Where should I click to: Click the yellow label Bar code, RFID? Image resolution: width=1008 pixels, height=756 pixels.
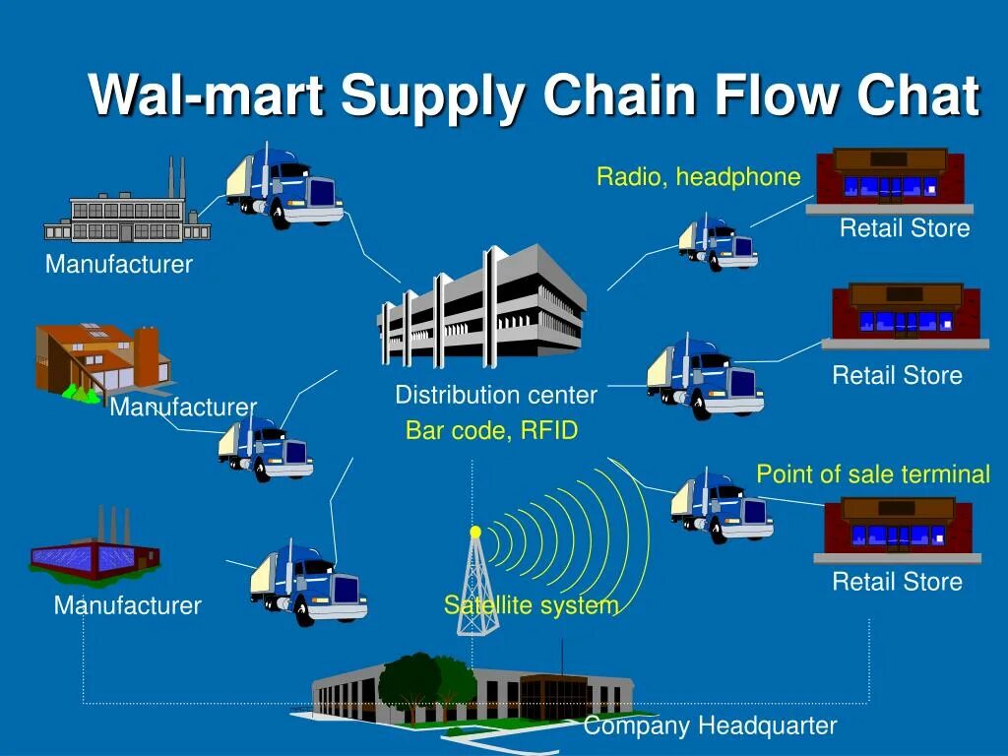pos(491,431)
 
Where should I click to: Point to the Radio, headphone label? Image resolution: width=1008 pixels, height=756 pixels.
pos(698,177)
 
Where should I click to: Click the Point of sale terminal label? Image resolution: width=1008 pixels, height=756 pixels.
pos(872,474)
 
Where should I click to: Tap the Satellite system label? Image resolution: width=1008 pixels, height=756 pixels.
pos(531,604)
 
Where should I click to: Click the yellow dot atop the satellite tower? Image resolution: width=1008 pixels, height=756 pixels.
pos(475,532)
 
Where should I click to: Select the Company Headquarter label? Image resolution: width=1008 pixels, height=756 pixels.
pos(710,726)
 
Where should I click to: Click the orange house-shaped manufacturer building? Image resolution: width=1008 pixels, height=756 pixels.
pos(98,360)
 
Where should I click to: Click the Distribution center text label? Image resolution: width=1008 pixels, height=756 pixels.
pos(496,396)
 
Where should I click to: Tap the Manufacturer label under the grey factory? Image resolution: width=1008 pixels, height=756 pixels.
pos(119,264)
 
